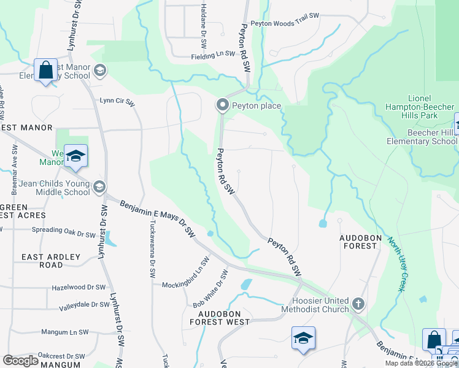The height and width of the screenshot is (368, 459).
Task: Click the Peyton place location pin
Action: click(x=222, y=106)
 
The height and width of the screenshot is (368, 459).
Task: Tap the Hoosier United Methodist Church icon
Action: click(x=358, y=304)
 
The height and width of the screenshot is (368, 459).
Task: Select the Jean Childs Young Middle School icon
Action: click(x=99, y=186)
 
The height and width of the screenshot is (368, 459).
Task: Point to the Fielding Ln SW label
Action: click(x=212, y=54)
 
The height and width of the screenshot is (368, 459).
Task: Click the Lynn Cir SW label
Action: click(x=117, y=101)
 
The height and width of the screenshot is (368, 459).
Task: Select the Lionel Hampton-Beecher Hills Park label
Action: click(x=423, y=107)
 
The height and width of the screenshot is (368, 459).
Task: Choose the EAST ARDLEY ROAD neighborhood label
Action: click(x=42, y=261)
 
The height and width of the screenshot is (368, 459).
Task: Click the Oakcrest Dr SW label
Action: click(x=61, y=356)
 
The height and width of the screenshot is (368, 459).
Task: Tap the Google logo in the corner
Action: click(x=21, y=361)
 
